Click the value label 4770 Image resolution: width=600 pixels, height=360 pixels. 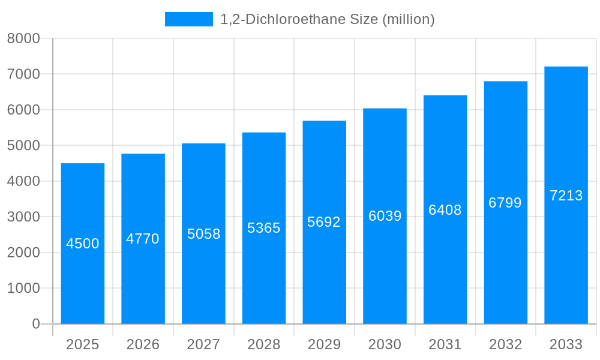[143, 239]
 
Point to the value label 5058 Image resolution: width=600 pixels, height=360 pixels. [204, 234]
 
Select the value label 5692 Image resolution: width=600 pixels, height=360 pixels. [324, 222]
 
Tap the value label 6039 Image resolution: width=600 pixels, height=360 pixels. [385, 216]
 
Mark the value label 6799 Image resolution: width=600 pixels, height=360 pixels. [505, 203]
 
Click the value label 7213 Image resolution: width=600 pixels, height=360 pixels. [566, 196]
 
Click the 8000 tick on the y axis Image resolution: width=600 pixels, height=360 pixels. [23, 38]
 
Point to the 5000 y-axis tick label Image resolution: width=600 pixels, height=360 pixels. [23, 146]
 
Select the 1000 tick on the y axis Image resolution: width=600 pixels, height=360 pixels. [23, 289]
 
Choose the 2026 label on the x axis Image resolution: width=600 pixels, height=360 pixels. [143, 344]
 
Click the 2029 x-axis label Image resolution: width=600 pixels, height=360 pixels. [324, 344]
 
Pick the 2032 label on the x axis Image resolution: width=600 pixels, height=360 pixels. [505, 344]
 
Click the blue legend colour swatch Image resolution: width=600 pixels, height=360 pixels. [189, 19]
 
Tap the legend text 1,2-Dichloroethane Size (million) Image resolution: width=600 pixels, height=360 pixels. [328, 19]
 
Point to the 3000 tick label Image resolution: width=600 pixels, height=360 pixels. [23, 217]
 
